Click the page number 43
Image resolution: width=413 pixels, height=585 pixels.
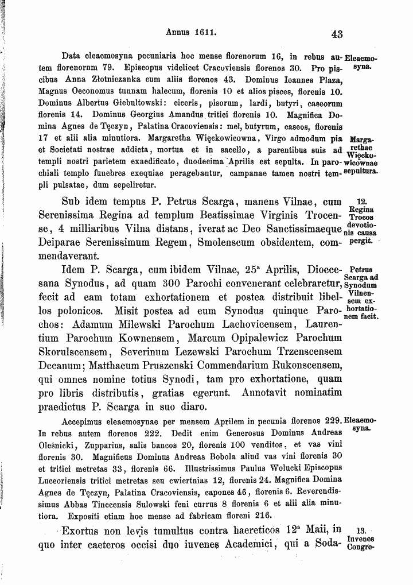(x=337, y=34)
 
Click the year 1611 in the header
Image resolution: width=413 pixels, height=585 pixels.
(x=205, y=33)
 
